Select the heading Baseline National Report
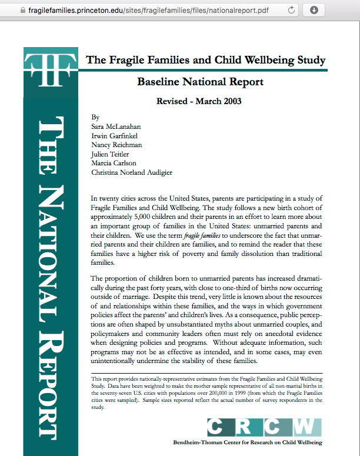pyautogui.click(x=200, y=82)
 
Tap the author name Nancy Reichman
pyautogui.click(x=116, y=145)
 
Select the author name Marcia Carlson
pyautogui.click(x=114, y=163)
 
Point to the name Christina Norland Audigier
pyautogui.click(x=132, y=172)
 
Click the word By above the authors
pyautogui.click(x=96, y=118)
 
